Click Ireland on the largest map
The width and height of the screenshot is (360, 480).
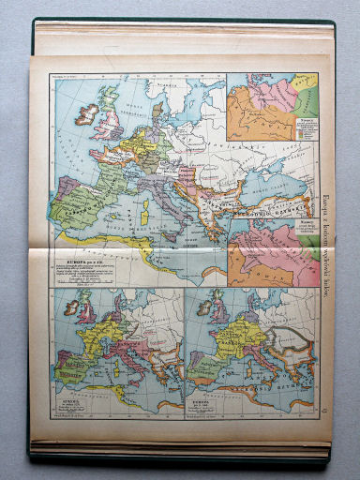(x=90, y=114)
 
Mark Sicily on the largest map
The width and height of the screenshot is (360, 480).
(x=174, y=233)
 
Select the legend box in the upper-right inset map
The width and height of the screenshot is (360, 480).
(x=303, y=130)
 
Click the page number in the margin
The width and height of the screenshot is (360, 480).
(x=324, y=404)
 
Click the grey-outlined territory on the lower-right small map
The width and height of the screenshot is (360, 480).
(x=280, y=337)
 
